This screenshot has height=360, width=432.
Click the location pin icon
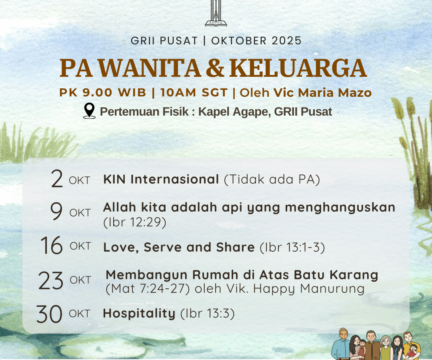click(89, 111)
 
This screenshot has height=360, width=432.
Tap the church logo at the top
click(216, 13)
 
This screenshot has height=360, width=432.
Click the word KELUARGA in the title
click(298, 68)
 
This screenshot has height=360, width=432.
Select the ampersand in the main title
click(215, 68)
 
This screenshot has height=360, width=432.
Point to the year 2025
click(286, 41)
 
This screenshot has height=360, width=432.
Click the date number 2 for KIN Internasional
click(57, 179)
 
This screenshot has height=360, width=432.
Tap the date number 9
click(56, 211)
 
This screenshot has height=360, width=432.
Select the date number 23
click(51, 280)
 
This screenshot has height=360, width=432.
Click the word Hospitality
click(139, 314)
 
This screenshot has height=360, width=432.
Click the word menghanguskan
click(340, 208)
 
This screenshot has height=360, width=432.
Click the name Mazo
click(355, 92)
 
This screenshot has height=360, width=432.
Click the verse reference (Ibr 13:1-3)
click(292, 247)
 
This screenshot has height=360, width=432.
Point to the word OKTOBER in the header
click(239, 41)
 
